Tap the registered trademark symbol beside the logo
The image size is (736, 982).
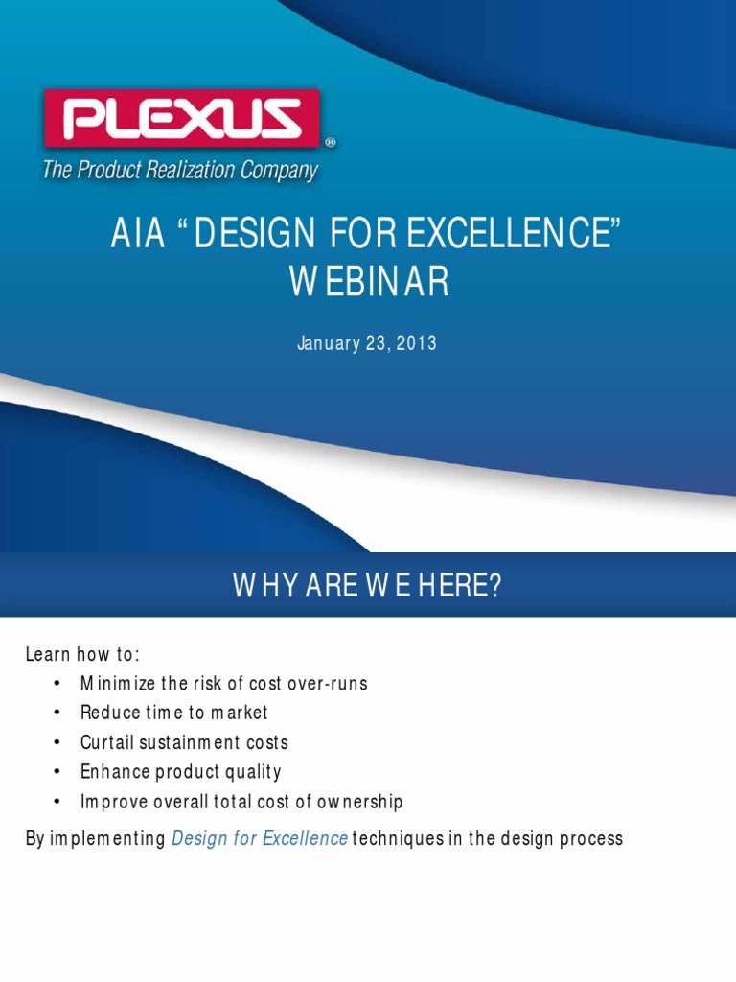[x=331, y=142]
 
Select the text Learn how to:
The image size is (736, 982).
[x=82, y=655]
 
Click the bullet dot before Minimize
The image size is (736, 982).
[x=58, y=684]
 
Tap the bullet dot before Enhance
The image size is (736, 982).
[x=58, y=772]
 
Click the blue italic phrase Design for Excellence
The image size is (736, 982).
[x=259, y=839]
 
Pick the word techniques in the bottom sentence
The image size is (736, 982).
[x=396, y=839]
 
